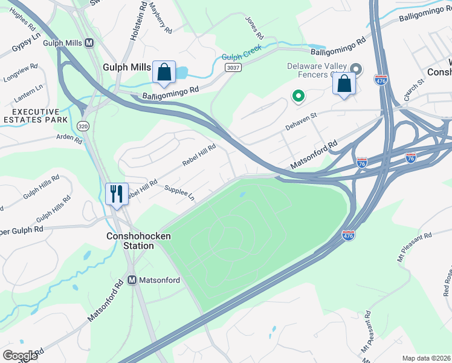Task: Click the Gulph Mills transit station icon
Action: point(89,43)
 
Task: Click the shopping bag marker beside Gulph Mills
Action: point(164,72)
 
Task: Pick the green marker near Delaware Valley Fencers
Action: point(297,96)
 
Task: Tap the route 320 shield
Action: point(83,125)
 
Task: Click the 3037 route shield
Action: point(234,67)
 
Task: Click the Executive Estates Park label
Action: point(36,116)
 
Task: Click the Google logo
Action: point(20,356)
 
